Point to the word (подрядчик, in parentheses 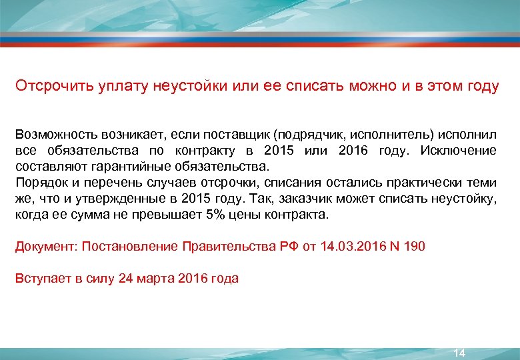click(x=309, y=134)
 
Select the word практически click(x=425, y=183)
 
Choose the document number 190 click(x=413, y=247)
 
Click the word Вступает click(x=39, y=279)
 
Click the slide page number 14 click(x=459, y=352)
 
